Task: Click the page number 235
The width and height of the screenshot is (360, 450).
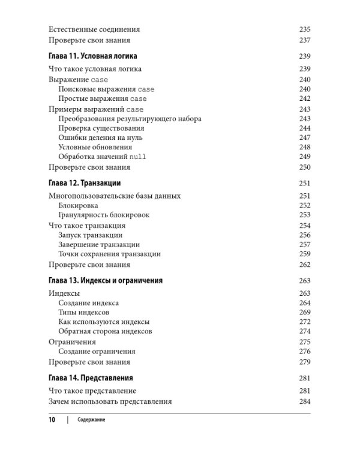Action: tap(304, 29)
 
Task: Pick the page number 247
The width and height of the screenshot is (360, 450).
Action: tap(304, 137)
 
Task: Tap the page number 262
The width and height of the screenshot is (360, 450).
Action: tap(304, 265)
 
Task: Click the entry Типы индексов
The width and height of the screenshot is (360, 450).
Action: tap(84, 313)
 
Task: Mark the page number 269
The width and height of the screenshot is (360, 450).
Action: tap(304, 313)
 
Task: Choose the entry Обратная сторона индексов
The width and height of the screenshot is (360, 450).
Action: tap(105, 332)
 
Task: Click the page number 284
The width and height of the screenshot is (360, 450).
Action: tap(304, 401)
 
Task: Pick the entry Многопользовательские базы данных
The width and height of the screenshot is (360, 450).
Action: tap(114, 196)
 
